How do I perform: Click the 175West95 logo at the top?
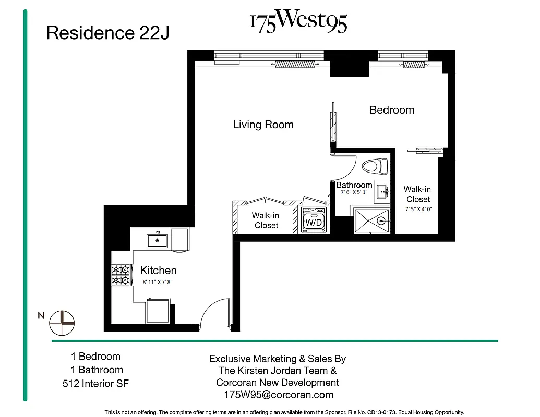[x=298, y=22]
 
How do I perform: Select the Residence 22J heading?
[x=107, y=33]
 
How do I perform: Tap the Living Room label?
[x=263, y=125]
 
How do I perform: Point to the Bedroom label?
[x=392, y=110]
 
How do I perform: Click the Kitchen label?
[x=158, y=271]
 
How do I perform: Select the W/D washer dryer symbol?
[x=314, y=220]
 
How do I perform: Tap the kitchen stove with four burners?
[x=120, y=275]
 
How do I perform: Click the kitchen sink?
[x=157, y=240]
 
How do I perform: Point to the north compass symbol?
[x=62, y=323]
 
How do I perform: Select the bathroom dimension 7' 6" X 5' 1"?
[x=354, y=192]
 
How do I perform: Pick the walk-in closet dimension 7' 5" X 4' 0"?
[x=418, y=209]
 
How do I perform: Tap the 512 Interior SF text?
[x=95, y=384]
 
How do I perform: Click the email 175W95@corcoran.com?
[x=278, y=395]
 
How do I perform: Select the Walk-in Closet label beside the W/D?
[x=266, y=220]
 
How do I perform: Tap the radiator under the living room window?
[x=295, y=65]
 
